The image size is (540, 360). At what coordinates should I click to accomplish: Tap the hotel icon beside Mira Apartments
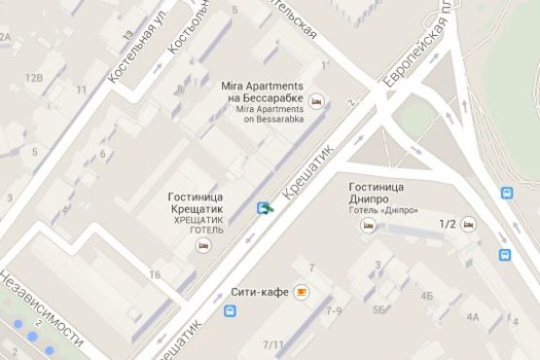point(316,100)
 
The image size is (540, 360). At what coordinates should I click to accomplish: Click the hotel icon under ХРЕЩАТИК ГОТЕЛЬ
point(202,245)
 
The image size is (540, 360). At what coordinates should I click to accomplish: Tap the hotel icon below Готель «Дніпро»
point(368,225)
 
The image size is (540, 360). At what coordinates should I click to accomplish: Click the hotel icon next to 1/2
point(469,225)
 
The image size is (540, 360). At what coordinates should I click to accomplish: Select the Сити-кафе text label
point(260,292)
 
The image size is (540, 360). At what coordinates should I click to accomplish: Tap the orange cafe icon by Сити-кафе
point(303,291)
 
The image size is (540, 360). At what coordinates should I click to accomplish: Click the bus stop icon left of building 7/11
point(230,312)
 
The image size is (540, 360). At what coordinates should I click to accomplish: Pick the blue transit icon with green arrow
point(265,207)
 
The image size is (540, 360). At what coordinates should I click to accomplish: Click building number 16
point(155,275)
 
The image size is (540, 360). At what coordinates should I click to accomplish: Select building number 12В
point(34,77)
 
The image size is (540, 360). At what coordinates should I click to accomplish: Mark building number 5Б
point(380,310)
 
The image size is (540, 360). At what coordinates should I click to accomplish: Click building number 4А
point(473,316)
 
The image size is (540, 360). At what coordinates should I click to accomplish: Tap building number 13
point(128,35)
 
